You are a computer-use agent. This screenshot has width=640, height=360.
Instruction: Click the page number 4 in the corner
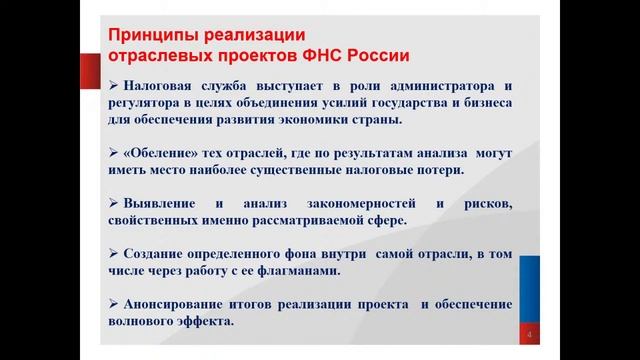tap(529, 334)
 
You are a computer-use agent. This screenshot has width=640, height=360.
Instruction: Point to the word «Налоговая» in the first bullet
tap(164, 85)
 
